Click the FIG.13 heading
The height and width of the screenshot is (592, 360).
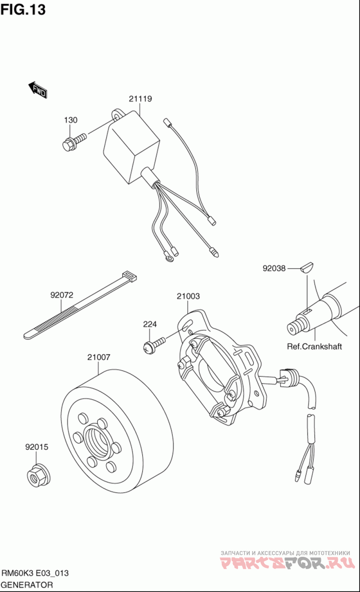pos(23,9)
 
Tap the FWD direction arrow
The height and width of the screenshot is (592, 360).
pos(38,90)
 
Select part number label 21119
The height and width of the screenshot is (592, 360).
pos(140,99)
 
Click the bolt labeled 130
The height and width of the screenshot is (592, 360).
pos(74,142)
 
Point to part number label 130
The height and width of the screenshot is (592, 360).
pos(71,120)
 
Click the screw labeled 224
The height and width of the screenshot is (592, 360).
pos(154,345)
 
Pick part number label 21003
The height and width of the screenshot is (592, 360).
pos(188,296)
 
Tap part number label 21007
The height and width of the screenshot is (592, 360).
pos(99,357)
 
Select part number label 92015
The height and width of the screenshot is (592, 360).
pos(37,447)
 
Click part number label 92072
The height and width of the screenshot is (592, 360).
pos(62,295)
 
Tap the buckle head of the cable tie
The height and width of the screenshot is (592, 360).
pos(130,276)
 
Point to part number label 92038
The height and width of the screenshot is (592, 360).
pos(274,268)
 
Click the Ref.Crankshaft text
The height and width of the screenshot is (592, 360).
pos(314,347)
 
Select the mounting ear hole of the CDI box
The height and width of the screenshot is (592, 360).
pos(116,116)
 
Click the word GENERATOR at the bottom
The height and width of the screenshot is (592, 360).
pos(27,585)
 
